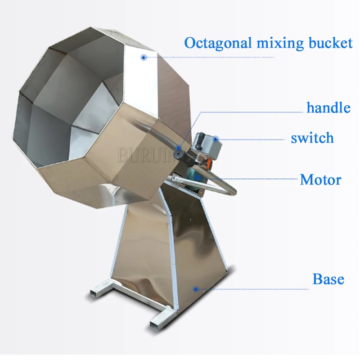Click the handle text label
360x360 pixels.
(328, 108)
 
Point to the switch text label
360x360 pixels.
(312, 138)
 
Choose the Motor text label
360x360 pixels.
(320, 180)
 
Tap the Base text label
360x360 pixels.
(328, 279)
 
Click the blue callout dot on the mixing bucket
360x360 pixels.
(144, 57)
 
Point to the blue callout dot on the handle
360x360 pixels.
(178, 147)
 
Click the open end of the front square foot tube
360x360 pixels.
(155, 324)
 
